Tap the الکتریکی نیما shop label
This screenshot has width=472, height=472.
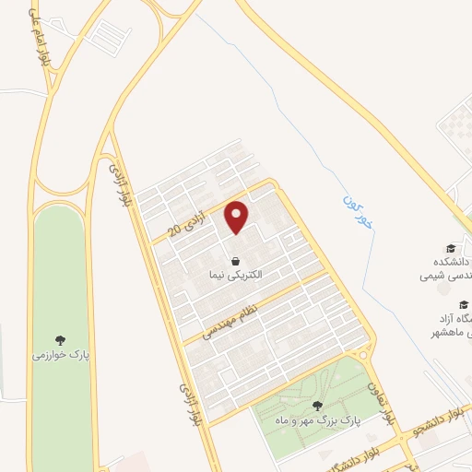[x=237, y=275]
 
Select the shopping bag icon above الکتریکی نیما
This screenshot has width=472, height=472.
[x=237, y=260]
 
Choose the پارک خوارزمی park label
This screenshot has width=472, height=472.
[x=60, y=355]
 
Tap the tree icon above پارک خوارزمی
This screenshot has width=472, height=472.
[x=61, y=340]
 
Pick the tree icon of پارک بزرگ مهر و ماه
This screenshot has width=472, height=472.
[x=317, y=406]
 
